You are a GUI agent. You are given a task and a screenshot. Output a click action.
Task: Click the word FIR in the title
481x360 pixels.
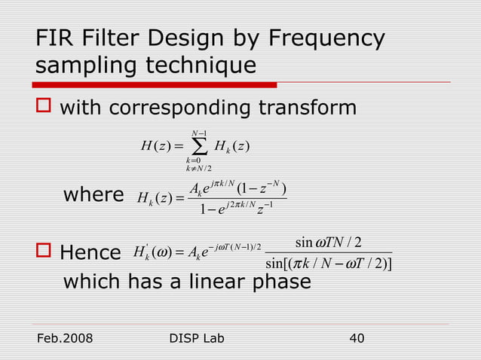[x=55, y=39]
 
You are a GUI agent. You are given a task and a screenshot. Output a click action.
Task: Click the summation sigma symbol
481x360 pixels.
[x=188, y=150]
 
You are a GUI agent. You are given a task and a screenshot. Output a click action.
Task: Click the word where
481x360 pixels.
[x=93, y=196]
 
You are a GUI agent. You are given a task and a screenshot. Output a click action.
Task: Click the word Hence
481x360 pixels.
[x=90, y=252]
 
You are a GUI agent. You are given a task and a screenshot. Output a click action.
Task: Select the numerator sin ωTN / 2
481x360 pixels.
[x=329, y=243]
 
